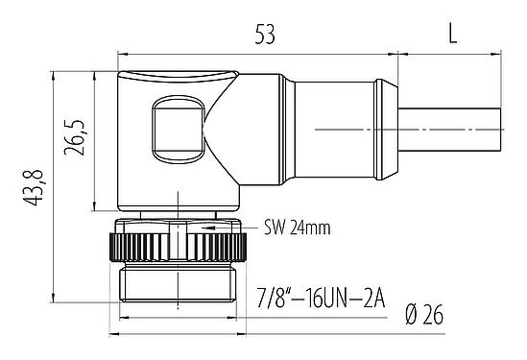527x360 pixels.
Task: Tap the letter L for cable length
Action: pos(452,35)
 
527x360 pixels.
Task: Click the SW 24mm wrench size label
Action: pos(297,228)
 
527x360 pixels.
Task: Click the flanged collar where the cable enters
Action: pos(385,131)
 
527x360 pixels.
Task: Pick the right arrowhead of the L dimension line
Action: pos(506,51)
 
